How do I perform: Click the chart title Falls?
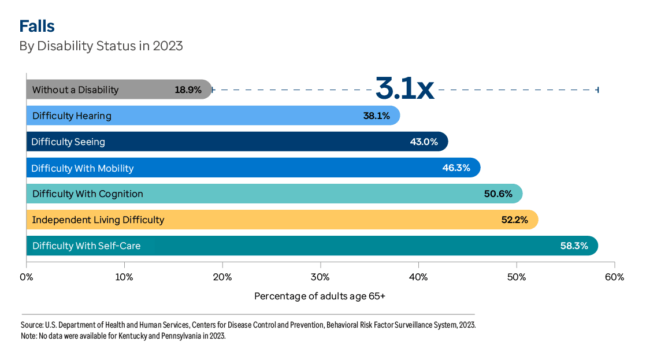coord(37,26)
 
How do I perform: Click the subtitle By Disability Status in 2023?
coord(101,46)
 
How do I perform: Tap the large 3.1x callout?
coord(404,88)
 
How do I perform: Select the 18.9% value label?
coord(188,90)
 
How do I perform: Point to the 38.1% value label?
coord(376,116)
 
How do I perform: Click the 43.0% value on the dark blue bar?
coord(424,142)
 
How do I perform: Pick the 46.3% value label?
coord(456,168)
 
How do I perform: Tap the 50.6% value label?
coord(498,194)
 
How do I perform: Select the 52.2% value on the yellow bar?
coord(515,220)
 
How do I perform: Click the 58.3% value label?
coord(574,246)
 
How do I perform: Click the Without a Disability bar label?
coord(75,90)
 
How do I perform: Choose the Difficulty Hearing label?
coord(72,116)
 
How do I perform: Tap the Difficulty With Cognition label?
coord(87,194)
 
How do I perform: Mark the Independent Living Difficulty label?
coord(98,220)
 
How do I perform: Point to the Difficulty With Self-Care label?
coord(86,246)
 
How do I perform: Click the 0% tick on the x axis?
coord(27,277)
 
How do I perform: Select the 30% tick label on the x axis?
coord(320,277)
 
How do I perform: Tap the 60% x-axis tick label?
coord(614,277)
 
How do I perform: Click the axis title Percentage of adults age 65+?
coord(320,296)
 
